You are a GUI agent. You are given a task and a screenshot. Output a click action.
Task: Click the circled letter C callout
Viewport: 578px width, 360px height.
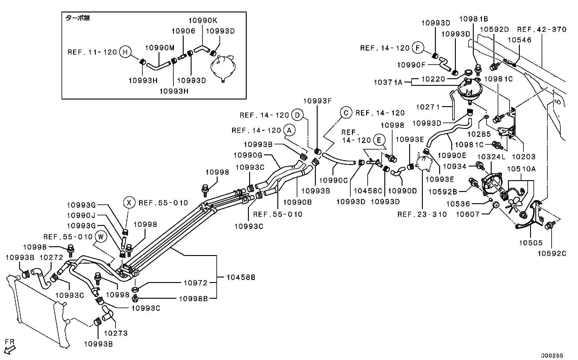346,113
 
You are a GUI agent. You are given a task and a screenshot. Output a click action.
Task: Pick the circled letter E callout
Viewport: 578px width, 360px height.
379,140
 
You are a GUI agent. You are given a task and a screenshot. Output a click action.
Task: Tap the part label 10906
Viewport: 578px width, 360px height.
183,31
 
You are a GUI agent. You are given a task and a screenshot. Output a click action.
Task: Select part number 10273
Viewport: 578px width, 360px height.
116,333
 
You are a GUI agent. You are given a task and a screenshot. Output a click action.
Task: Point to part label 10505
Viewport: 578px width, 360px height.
531,243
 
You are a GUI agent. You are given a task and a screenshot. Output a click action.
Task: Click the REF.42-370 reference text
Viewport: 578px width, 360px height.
542,29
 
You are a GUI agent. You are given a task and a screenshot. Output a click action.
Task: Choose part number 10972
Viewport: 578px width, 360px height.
196,283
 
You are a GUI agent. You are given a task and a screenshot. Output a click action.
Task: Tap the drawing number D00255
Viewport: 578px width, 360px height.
553,355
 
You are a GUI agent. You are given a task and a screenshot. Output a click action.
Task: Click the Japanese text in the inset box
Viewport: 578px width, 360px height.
78,18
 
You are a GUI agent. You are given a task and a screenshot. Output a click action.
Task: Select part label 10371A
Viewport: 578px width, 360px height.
388,82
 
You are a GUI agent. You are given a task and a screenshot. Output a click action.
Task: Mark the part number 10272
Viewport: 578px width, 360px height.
52,257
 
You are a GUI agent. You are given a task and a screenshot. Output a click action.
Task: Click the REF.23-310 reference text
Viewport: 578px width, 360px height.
422,214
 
